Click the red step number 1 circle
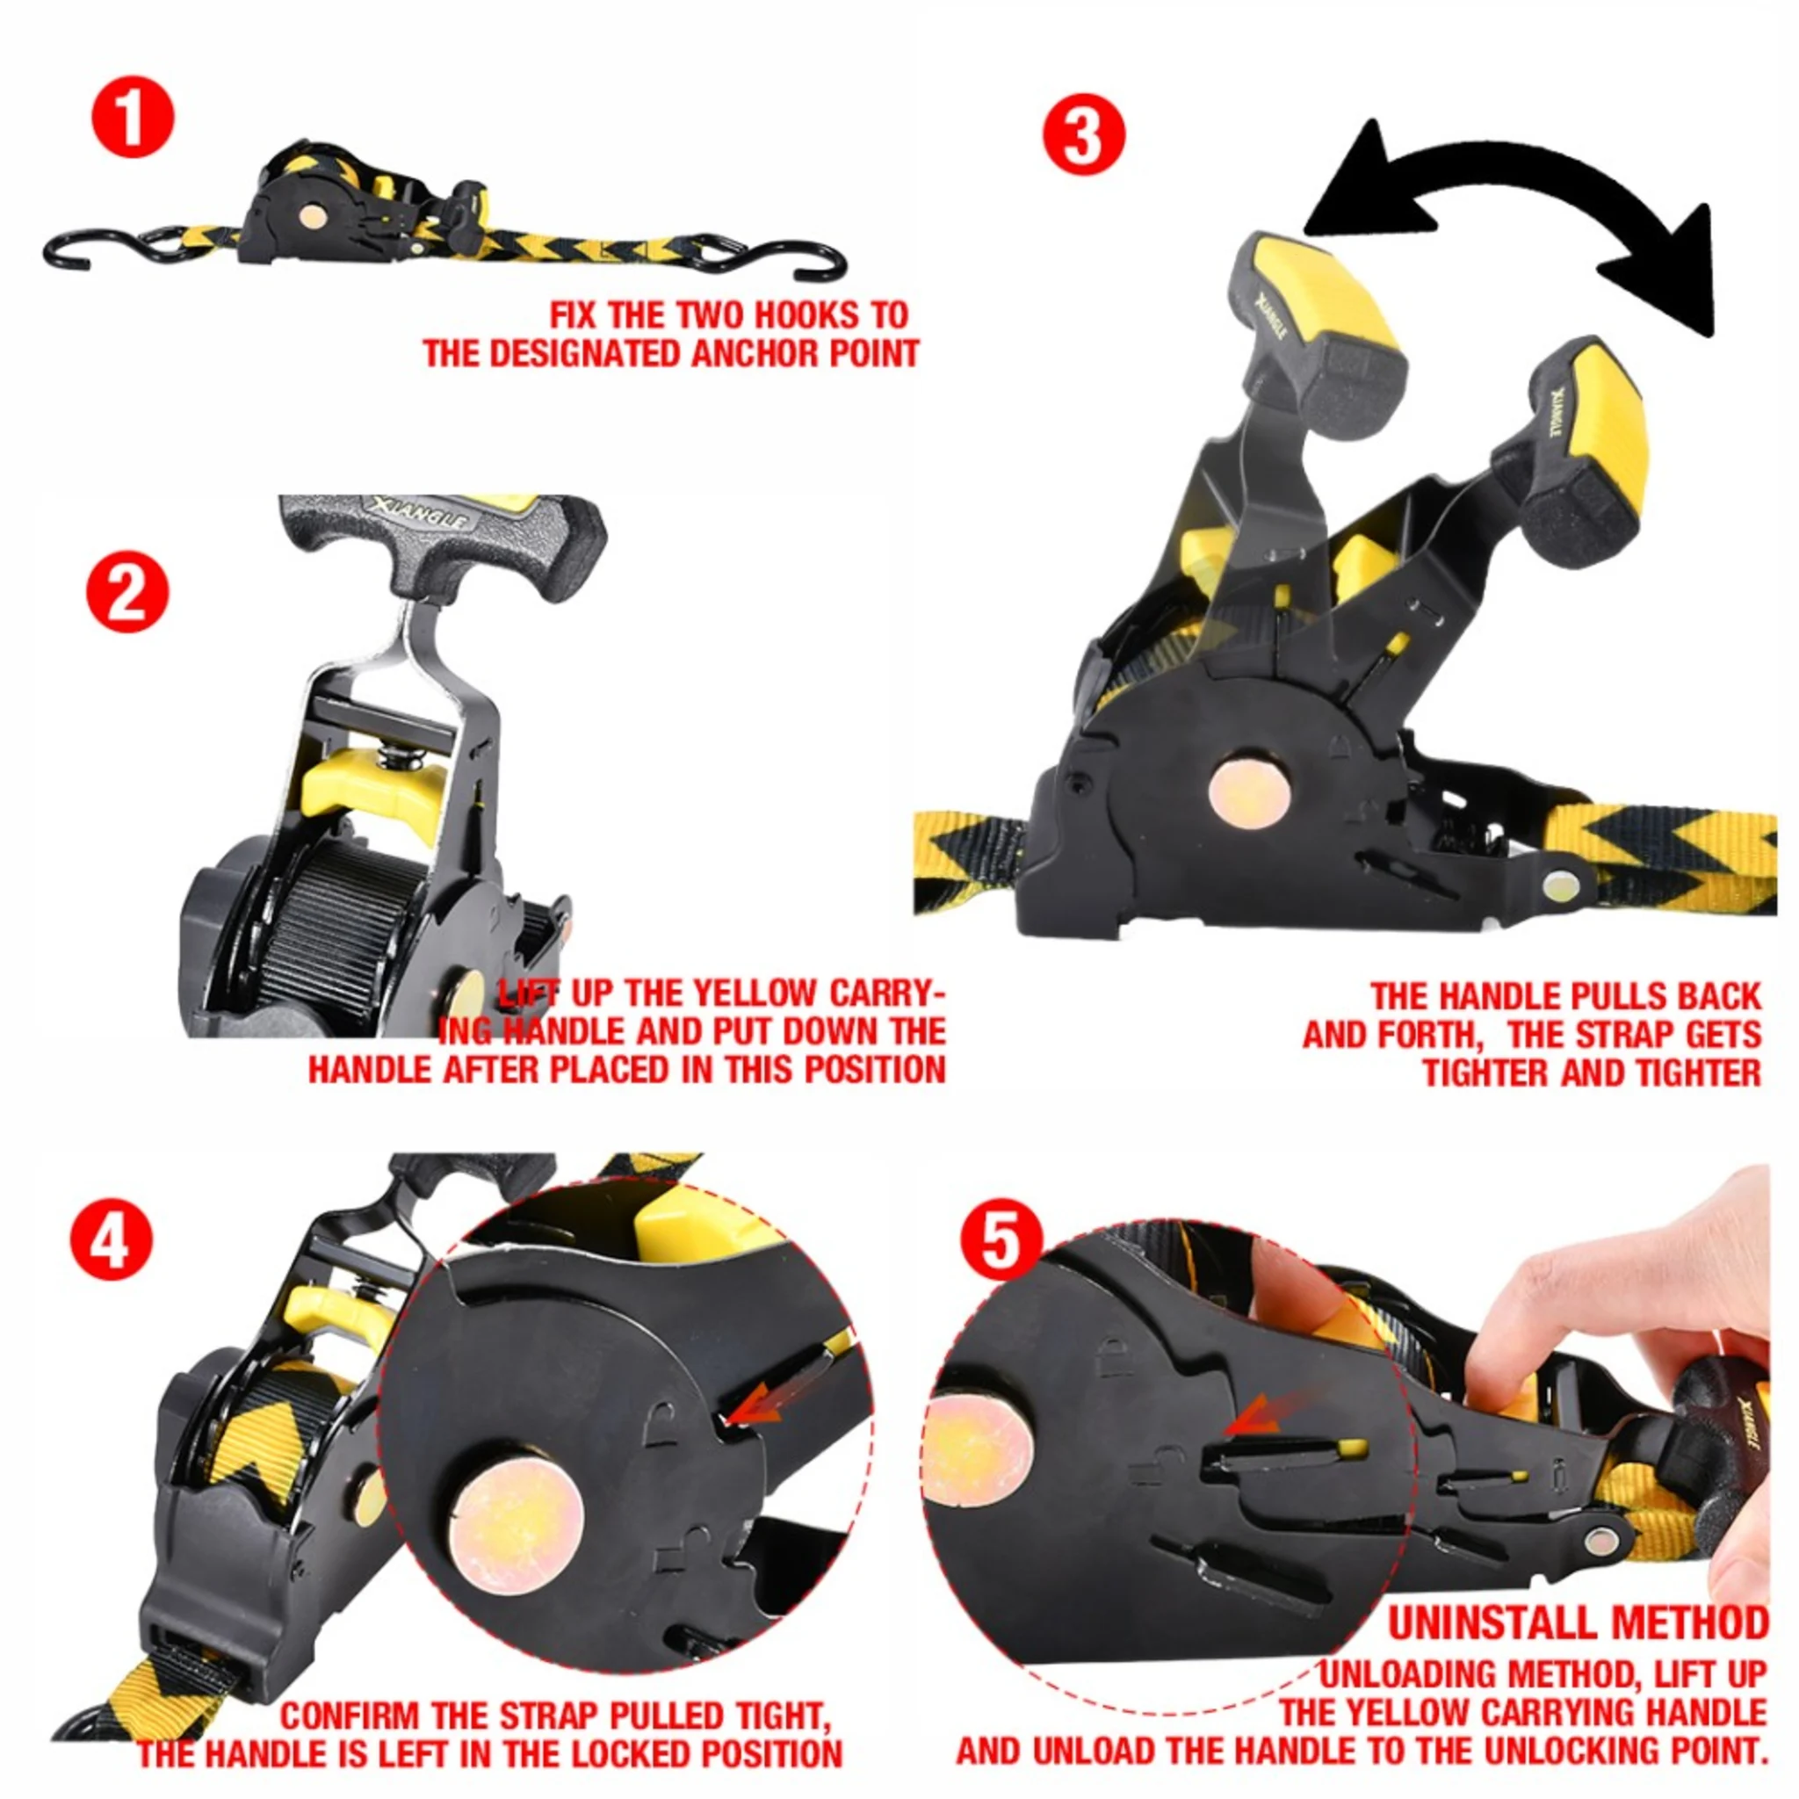pyautogui.click(x=133, y=119)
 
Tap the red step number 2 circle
pyautogui.click(x=127, y=592)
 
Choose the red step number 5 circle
pyautogui.click(x=1001, y=1240)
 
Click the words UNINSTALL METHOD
pyautogui.click(x=1578, y=1624)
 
